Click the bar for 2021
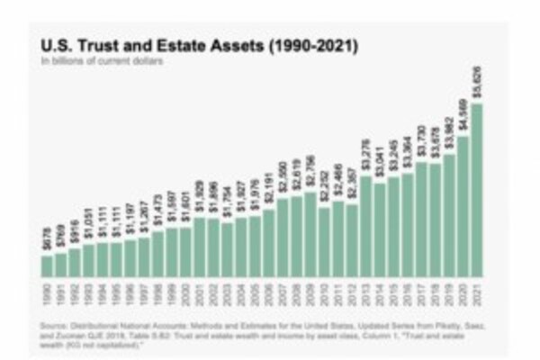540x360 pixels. [476, 189]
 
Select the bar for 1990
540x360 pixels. [47, 265]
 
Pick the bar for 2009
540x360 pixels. [310, 234]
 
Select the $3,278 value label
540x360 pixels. [365, 158]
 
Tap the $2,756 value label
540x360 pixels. [310, 173]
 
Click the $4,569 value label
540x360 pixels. [463, 116]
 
